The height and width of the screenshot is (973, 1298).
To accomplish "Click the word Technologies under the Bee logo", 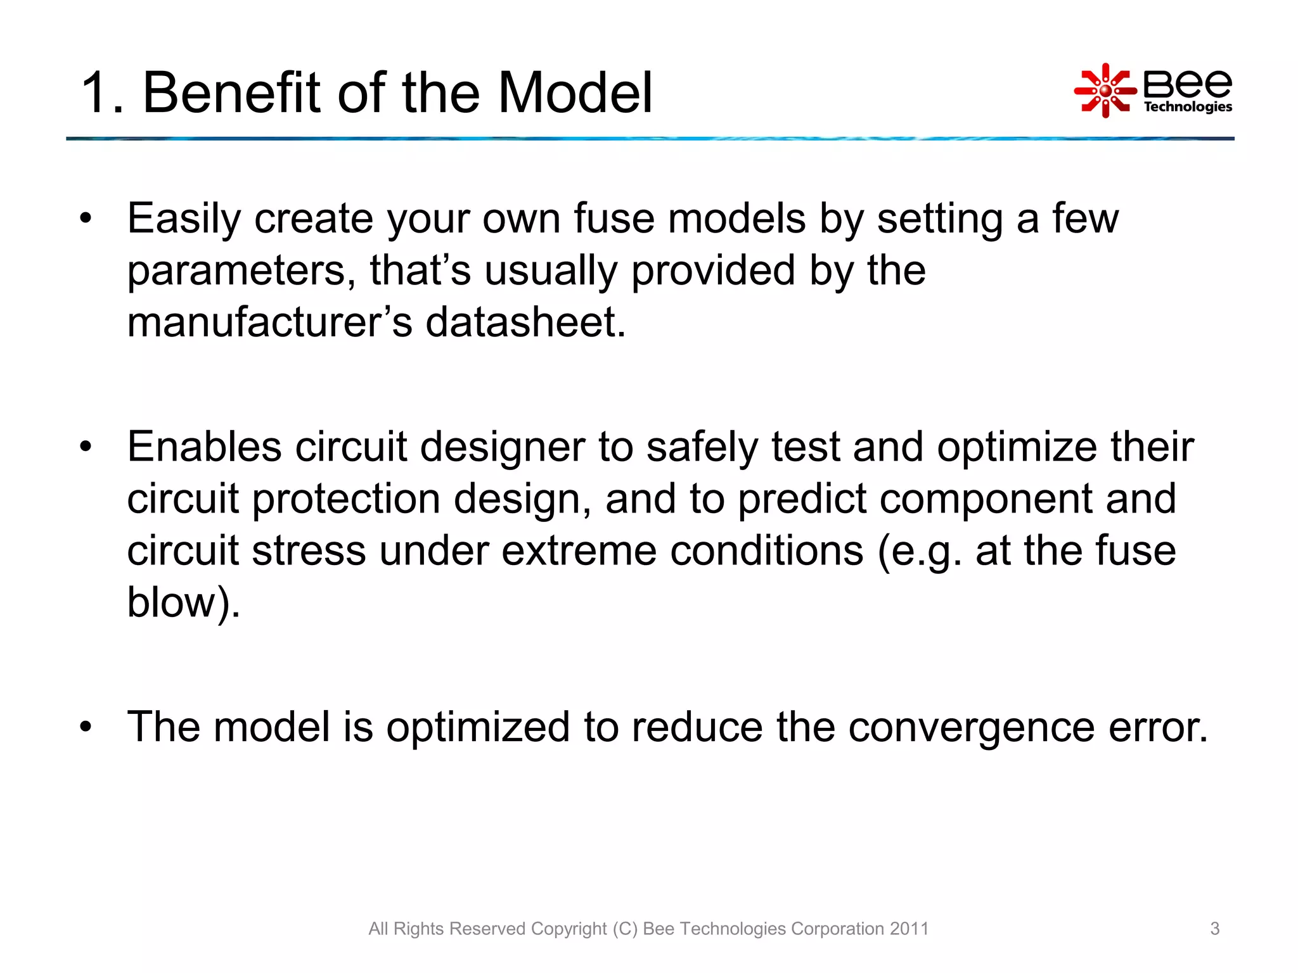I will pos(1187,106).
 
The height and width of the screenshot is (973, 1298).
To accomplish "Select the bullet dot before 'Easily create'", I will pos(86,219).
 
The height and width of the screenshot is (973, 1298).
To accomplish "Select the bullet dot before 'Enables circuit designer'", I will pos(86,448).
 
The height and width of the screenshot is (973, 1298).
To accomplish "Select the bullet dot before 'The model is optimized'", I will pos(86,727).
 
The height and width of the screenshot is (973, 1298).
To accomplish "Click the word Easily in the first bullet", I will pos(184,219).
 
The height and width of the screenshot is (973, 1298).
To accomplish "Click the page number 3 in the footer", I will pos(1214,929).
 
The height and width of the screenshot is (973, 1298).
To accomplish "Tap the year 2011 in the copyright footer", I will pos(909,929).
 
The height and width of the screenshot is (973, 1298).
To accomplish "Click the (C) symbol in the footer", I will pos(624,929).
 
